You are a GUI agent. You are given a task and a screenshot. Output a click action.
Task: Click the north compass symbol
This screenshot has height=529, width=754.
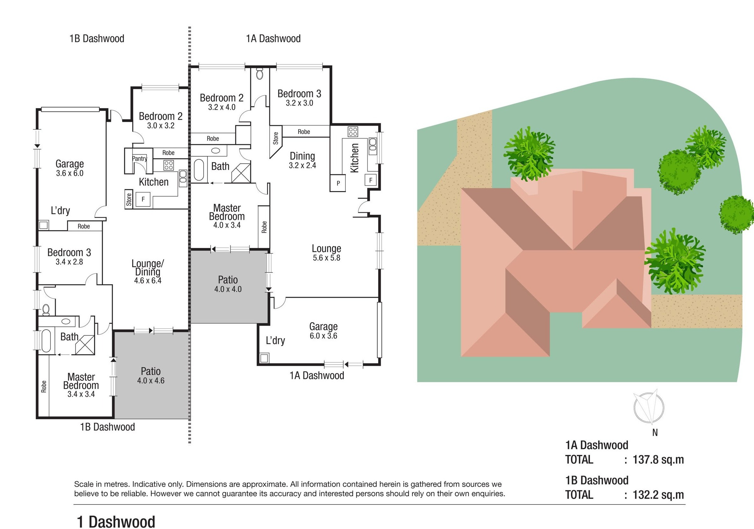[649, 406]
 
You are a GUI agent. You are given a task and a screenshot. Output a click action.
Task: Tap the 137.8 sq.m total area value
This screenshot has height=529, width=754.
[658, 459]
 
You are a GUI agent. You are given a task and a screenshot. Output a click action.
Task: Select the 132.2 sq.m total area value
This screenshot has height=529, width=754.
[658, 495]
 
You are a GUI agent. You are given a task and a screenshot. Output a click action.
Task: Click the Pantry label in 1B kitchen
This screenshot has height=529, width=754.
[139, 159]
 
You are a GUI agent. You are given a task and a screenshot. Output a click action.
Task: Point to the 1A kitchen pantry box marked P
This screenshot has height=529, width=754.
[338, 183]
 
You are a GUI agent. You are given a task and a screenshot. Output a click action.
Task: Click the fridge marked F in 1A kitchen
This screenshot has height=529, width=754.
[371, 180]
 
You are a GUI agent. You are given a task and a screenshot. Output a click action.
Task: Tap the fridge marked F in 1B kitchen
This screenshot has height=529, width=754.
[143, 199]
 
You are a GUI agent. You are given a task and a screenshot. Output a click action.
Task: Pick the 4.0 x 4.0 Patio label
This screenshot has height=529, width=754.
[228, 284]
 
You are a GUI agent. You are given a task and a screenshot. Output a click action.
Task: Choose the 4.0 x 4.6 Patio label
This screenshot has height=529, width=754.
[151, 376]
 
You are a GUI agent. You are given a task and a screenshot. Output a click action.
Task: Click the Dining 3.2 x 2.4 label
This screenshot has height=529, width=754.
[302, 160]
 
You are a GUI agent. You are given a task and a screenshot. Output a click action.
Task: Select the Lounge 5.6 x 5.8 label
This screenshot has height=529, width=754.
[327, 253]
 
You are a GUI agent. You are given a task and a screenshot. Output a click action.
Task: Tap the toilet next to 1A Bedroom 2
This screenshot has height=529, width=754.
[260, 73]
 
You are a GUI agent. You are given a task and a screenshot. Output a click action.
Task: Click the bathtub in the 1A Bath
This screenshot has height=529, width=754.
[199, 170]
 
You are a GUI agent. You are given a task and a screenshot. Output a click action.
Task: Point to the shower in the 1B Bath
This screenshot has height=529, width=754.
[85, 345]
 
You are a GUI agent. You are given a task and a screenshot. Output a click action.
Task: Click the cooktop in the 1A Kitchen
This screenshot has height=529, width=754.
[353, 131]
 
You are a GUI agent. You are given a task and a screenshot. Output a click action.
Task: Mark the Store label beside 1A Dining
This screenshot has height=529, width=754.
[275, 138]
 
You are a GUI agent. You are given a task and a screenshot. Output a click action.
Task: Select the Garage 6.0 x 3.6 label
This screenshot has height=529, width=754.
[323, 331]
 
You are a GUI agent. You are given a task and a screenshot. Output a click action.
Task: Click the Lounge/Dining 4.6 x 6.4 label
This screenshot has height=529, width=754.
[148, 272]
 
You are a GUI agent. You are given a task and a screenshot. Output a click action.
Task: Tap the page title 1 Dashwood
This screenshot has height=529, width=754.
[116, 521]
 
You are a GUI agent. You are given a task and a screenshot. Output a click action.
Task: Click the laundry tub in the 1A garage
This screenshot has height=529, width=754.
[264, 358]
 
